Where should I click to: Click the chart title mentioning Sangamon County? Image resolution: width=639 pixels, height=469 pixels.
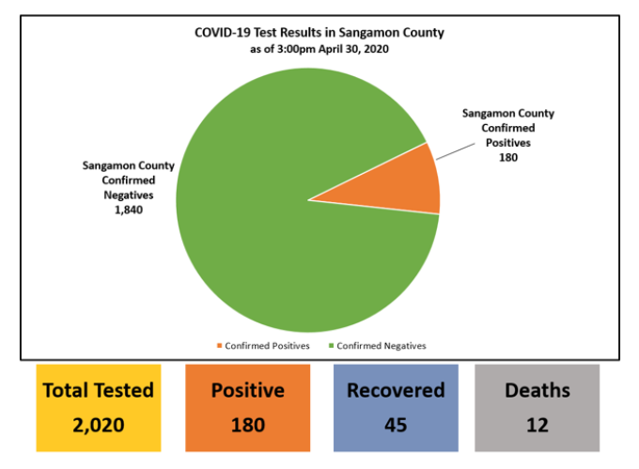click(319, 33)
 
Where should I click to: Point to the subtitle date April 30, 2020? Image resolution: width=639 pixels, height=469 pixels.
click(353, 49)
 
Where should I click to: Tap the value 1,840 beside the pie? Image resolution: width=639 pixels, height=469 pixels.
click(129, 210)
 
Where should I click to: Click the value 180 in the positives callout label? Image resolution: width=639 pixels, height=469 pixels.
click(508, 157)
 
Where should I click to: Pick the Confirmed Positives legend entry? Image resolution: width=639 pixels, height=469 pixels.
click(263, 346)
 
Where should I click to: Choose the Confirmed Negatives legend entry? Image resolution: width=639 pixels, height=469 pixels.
click(377, 346)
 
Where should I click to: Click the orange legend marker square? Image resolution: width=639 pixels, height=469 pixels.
click(219, 346)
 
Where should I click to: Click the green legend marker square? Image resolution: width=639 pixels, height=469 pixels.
click(331, 346)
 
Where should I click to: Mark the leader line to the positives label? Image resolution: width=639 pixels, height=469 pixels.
click(455, 151)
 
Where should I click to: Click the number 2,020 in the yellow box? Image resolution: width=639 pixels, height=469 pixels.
click(99, 425)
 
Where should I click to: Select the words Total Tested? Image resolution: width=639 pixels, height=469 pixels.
click(99, 390)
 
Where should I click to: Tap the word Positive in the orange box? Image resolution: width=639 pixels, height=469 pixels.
click(248, 390)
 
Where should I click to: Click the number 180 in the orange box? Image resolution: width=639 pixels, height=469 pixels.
click(248, 425)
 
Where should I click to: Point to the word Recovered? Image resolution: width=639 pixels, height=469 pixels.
click(396, 390)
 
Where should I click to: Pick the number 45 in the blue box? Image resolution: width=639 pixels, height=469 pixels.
click(396, 425)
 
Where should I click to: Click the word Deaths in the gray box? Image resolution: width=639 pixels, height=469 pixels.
click(538, 390)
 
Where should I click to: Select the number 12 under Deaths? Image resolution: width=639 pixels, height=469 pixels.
click(538, 425)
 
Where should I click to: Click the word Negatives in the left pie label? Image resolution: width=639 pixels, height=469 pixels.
click(129, 195)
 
